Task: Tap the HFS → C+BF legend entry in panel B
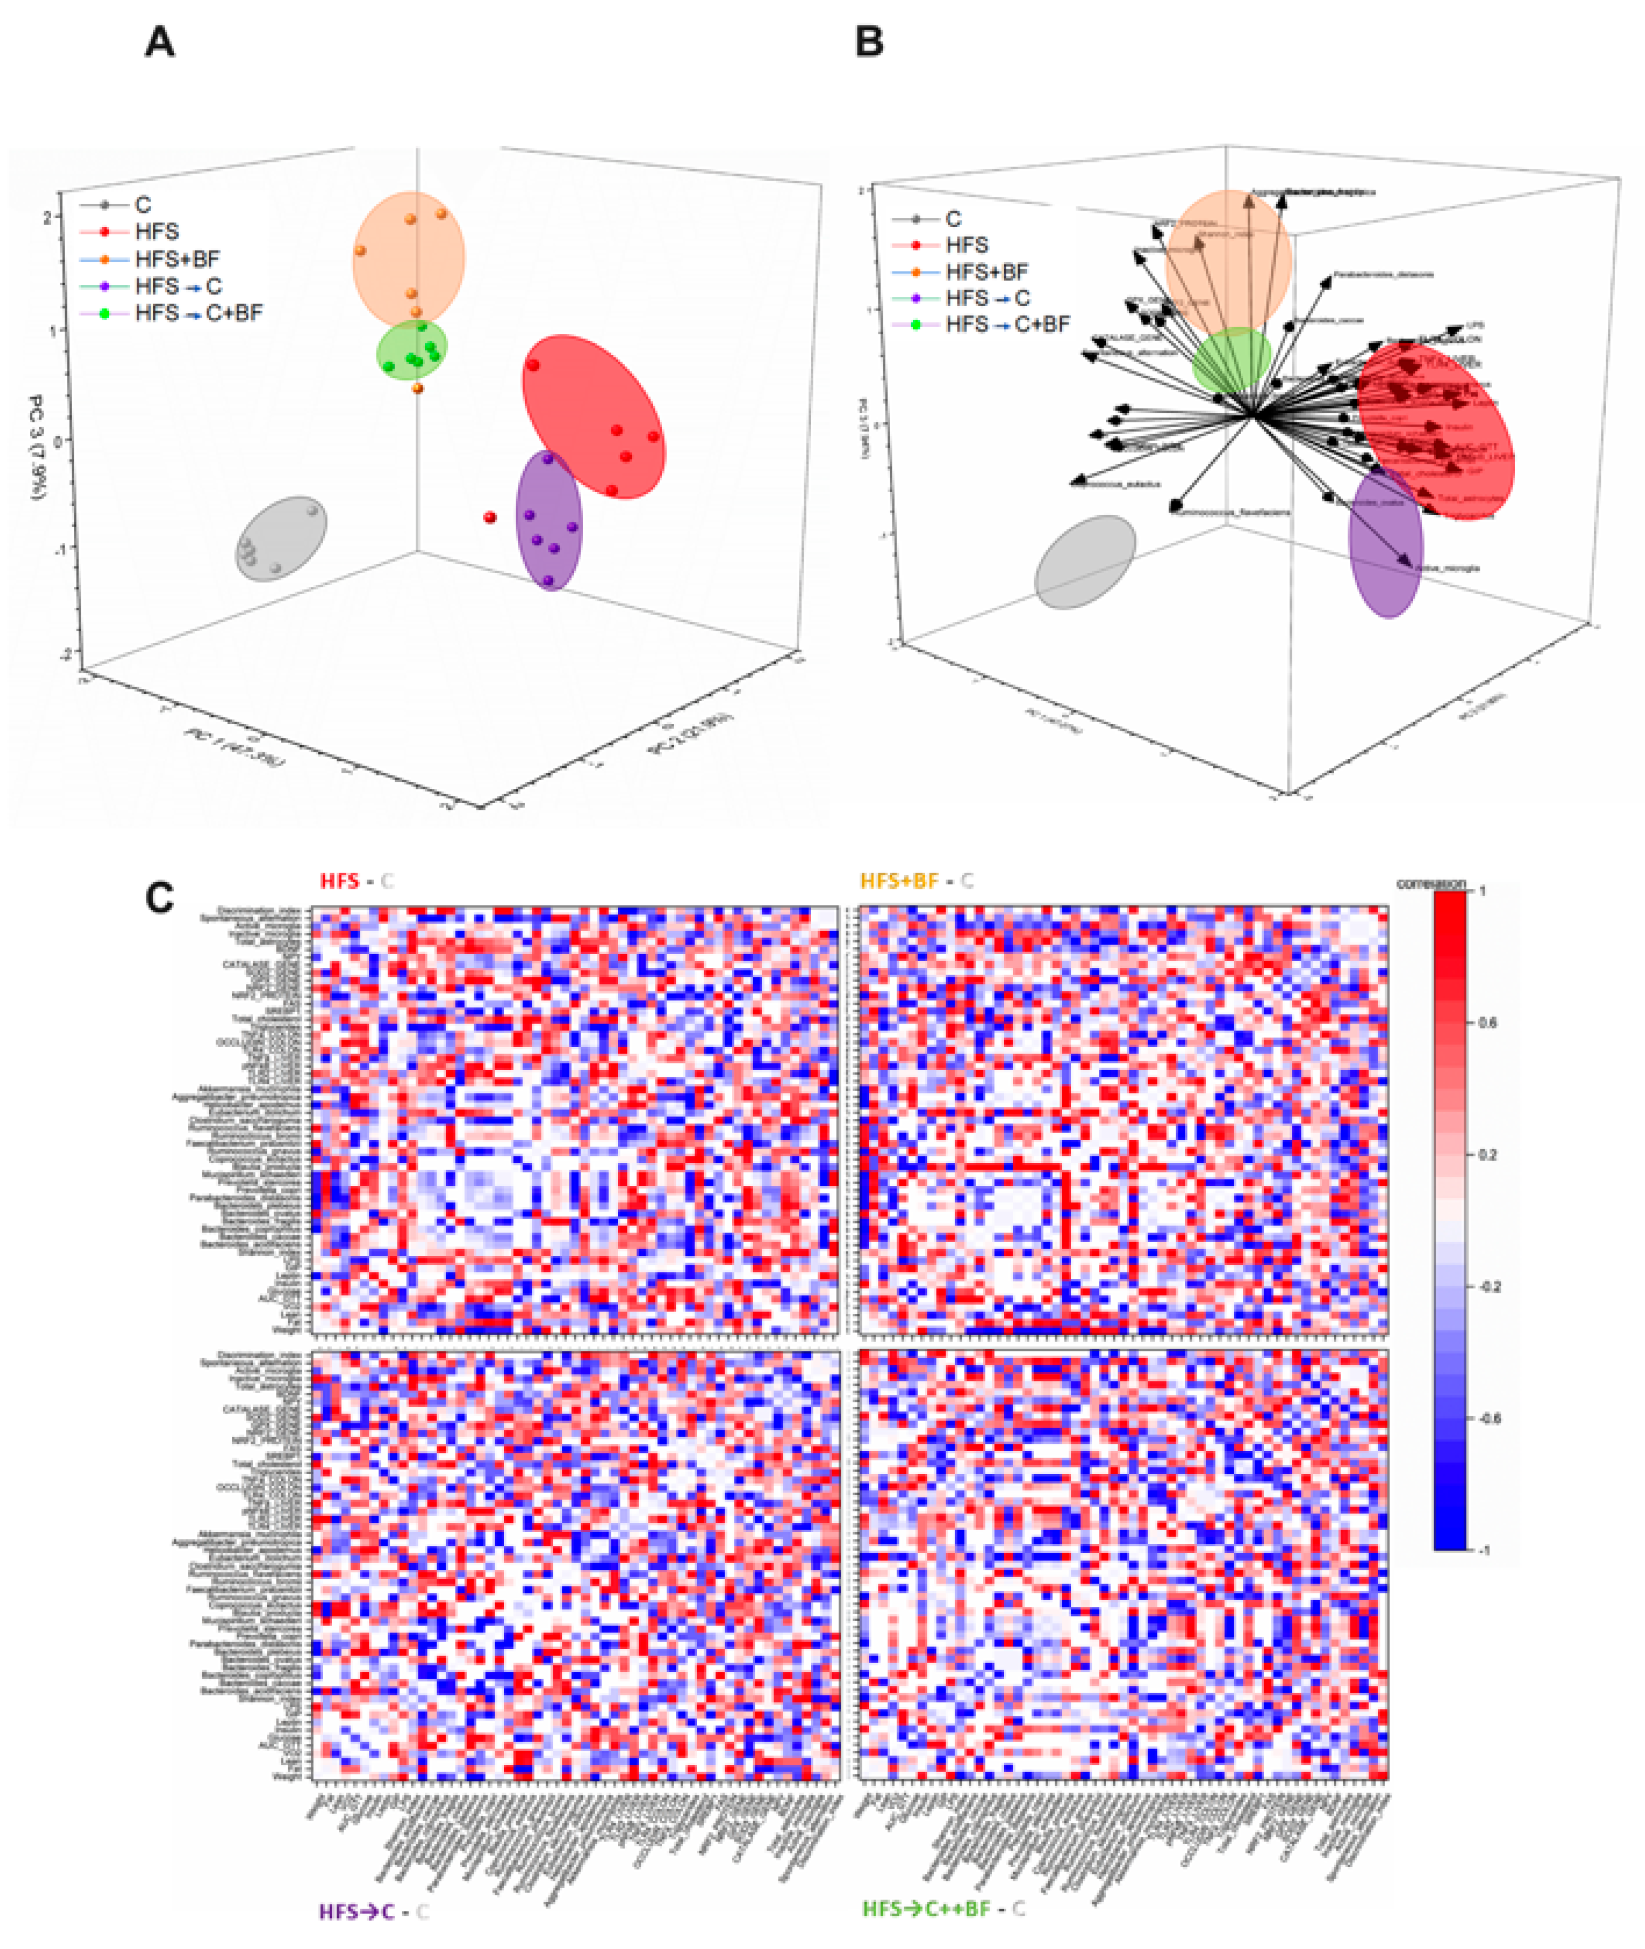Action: pos(1007,324)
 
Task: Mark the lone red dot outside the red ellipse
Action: pos(490,517)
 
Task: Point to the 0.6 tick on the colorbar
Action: pos(1487,1023)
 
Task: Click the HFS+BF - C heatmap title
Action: pos(916,881)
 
